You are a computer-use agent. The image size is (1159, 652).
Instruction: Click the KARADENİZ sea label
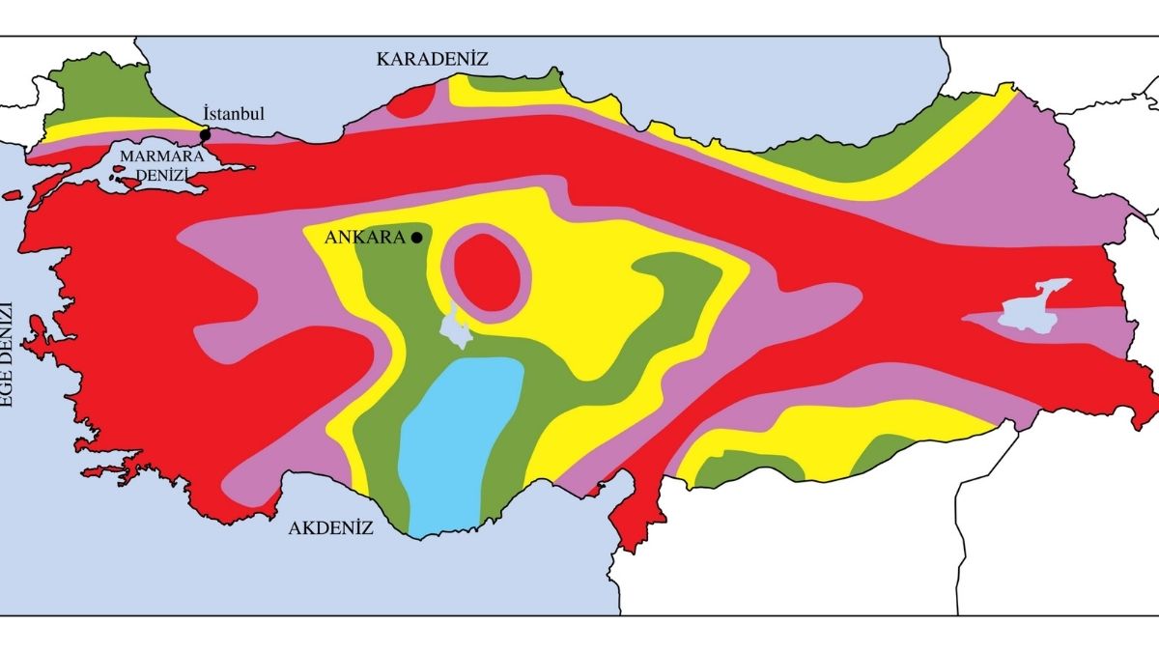[432, 60]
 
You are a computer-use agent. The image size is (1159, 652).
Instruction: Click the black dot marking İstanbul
[205, 134]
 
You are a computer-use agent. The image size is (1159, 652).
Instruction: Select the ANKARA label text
[366, 239]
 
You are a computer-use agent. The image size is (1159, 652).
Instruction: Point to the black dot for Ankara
[416, 238]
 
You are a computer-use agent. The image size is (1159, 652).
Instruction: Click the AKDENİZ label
[331, 528]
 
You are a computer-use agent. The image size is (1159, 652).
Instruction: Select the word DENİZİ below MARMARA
[160, 174]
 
